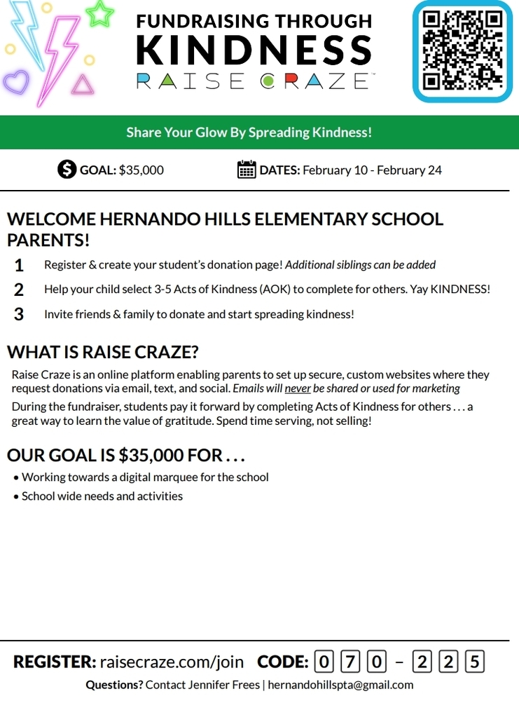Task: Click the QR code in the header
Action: (x=463, y=52)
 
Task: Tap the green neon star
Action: (x=101, y=13)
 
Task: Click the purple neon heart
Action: (x=15, y=80)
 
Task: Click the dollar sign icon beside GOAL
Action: (x=67, y=170)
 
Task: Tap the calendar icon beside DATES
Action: (x=247, y=170)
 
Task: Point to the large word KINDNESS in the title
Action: (x=254, y=50)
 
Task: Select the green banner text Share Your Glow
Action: (x=249, y=132)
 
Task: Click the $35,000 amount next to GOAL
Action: (x=141, y=170)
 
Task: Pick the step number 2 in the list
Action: (x=19, y=290)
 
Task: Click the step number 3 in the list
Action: (x=19, y=314)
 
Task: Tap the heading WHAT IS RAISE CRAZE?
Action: (x=104, y=352)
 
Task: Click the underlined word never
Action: (x=298, y=388)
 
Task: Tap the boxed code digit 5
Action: (x=474, y=661)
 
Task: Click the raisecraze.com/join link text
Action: (x=172, y=662)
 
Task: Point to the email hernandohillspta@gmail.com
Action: (x=340, y=685)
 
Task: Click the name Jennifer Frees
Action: (x=222, y=685)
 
